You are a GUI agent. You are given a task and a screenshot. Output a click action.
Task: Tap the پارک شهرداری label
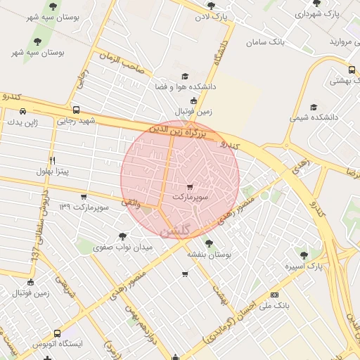[x=316, y=13]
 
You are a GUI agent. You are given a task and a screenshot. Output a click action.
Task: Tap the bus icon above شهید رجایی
[x=76, y=110]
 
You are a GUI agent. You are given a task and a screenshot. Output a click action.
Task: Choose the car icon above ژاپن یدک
[x=23, y=111]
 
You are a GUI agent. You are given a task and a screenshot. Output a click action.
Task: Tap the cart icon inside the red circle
[x=190, y=187]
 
